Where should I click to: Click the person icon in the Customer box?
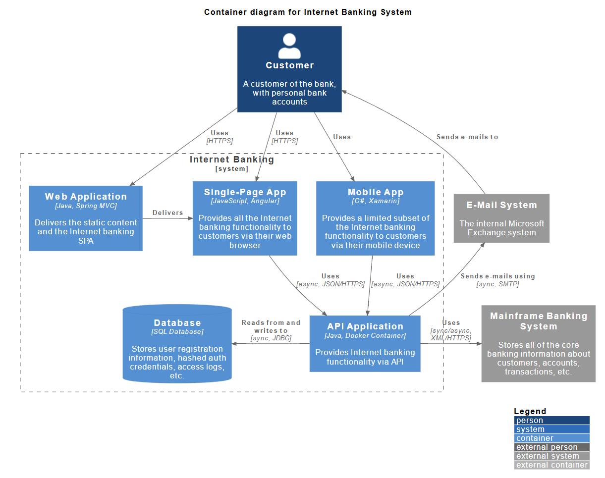pos(289,46)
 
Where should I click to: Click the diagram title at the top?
pos(308,12)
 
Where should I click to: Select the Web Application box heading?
pos(86,197)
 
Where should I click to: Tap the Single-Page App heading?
pos(245,192)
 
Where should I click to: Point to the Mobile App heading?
pos(376,192)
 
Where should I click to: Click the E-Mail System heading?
pos(501,205)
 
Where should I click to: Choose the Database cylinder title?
pos(177,322)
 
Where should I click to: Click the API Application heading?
pos(365,326)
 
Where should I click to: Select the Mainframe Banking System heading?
pos(539,321)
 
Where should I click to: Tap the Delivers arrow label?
pos(167,212)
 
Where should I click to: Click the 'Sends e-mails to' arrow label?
pos(467,137)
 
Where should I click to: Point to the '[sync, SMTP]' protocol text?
pos(497,284)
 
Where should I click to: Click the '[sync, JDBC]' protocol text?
pos(271,338)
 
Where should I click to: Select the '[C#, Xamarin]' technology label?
pos(376,201)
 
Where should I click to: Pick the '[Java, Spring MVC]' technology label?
pos(86,206)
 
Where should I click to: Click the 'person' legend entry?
pos(551,421)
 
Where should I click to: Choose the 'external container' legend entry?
pos(551,465)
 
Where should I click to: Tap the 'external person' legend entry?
pos(551,447)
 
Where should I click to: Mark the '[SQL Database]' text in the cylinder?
pos(177,331)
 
